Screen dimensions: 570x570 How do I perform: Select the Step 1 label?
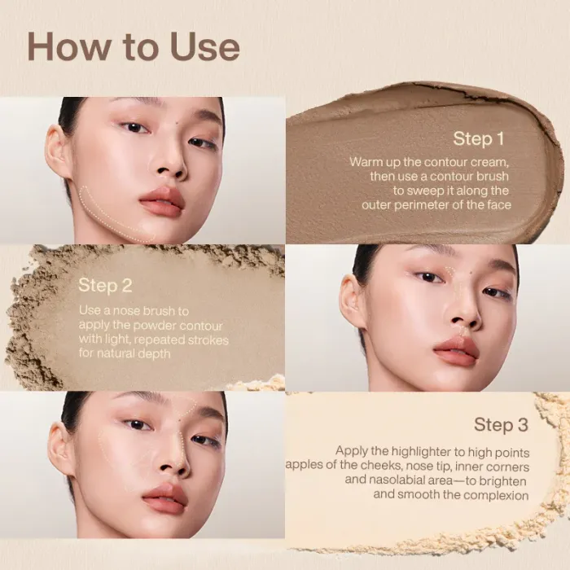(478, 138)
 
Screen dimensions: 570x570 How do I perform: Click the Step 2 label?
(105, 285)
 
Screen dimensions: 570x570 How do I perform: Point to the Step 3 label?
(501, 425)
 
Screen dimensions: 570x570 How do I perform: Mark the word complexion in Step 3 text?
(494, 494)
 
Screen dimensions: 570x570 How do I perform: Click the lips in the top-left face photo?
(162, 201)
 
